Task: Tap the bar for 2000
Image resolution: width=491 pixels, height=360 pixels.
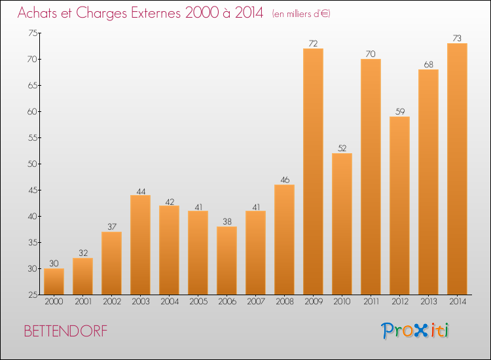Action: coord(54,281)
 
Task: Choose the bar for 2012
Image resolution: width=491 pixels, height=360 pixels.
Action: coord(399,206)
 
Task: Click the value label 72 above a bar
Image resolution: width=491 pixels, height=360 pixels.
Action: coord(313,44)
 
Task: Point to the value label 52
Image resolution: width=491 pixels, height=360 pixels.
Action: coord(342,149)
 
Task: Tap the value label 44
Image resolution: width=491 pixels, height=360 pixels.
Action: coord(140,190)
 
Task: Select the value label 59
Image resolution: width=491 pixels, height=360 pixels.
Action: coord(399,112)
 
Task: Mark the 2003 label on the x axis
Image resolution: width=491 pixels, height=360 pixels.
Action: coord(140,302)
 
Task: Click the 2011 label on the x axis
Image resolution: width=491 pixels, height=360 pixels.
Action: coord(371,302)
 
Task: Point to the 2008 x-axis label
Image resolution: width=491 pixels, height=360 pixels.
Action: coord(284,302)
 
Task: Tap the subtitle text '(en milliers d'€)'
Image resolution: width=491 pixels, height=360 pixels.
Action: coord(300,14)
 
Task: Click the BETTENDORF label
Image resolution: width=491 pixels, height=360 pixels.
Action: coord(65,331)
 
